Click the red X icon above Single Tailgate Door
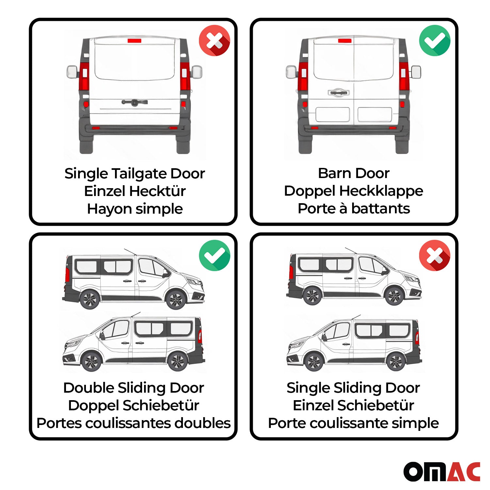click(x=214, y=41)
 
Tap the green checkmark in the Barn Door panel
click(x=434, y=41)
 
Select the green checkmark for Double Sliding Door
click(x=214, y=255)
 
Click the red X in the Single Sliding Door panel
click(x=434, y=255)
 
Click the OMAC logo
click(x=442, y=471)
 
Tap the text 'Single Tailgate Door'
click(x=135, y=173)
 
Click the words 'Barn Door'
click(x=354, y=173)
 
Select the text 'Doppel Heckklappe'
click(x=354, y=191)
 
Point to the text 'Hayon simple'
click(x=135, y=209)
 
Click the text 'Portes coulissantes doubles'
click(x=134, y=423)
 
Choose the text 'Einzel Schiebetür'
click(x=353, y=405)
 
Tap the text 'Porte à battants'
click(x=354, y=208)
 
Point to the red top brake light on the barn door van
click(x=345, y=41)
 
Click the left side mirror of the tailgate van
click(x=72, y=72)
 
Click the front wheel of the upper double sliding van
click(x=176, y=299)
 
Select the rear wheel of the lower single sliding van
click(x=395, y=362)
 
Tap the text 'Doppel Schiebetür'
click(x=134, y=405)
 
